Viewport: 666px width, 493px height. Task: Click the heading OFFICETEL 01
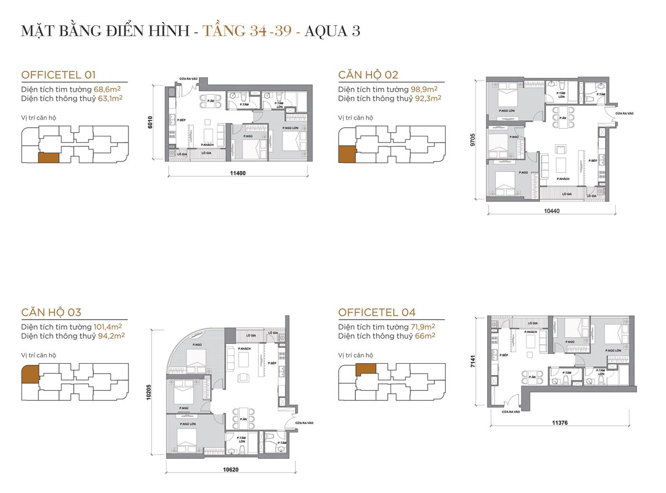(59, 75)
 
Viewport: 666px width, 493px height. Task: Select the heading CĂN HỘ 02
(368, 75)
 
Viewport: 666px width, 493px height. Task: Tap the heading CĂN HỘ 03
(51, 312)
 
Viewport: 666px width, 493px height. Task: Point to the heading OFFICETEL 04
(377, 312)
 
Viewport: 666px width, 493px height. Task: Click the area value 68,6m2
(107, 89)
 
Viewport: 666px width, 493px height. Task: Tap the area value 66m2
(425, 336)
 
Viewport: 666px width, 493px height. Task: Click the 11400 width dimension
(238, 173)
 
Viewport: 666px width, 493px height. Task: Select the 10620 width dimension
(231, 470)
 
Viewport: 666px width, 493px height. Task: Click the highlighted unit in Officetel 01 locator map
(49, 158)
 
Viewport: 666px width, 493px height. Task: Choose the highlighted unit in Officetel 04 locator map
(366, 369)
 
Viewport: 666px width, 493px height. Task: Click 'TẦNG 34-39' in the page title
(247, 31)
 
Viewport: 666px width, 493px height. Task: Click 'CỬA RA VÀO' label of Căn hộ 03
(304, 423)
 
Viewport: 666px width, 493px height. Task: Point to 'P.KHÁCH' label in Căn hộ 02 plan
(563, 179)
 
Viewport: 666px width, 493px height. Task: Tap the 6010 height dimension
(150, 123)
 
